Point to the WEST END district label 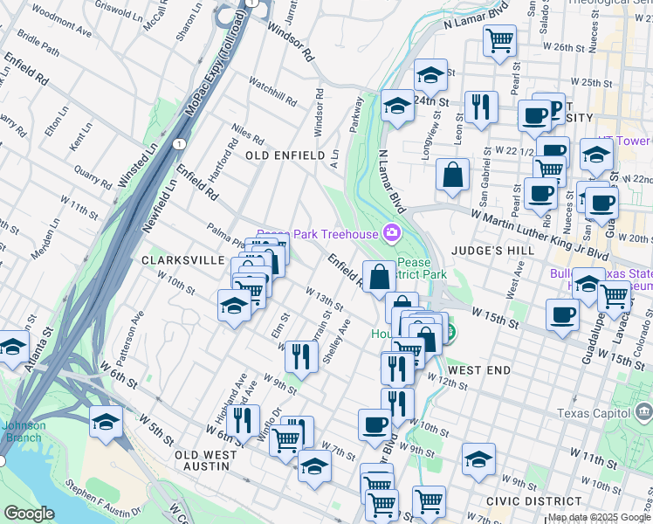[480, 370]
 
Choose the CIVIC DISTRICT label [534, 501]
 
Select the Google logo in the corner [29, 514]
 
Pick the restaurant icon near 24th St [481, 107]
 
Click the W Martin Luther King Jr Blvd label [539, 232]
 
